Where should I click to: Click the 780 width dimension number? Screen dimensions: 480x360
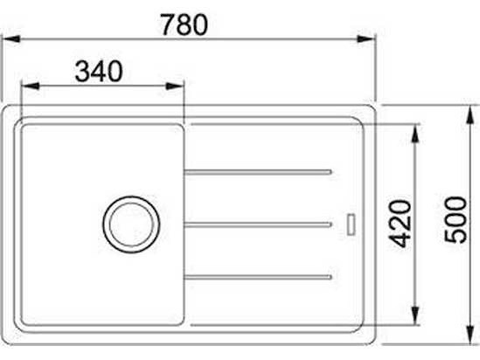184,25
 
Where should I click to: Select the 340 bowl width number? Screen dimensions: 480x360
99,72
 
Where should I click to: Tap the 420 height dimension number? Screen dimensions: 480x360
401,224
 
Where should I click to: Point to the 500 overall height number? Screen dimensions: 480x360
456,220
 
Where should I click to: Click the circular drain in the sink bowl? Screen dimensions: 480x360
131,225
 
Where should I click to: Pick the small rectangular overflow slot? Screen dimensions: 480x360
351,225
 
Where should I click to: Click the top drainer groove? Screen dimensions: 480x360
258,172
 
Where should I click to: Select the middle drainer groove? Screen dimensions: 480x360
258,225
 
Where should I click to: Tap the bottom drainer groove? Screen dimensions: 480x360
258,277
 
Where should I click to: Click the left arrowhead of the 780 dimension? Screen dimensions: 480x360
11,39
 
